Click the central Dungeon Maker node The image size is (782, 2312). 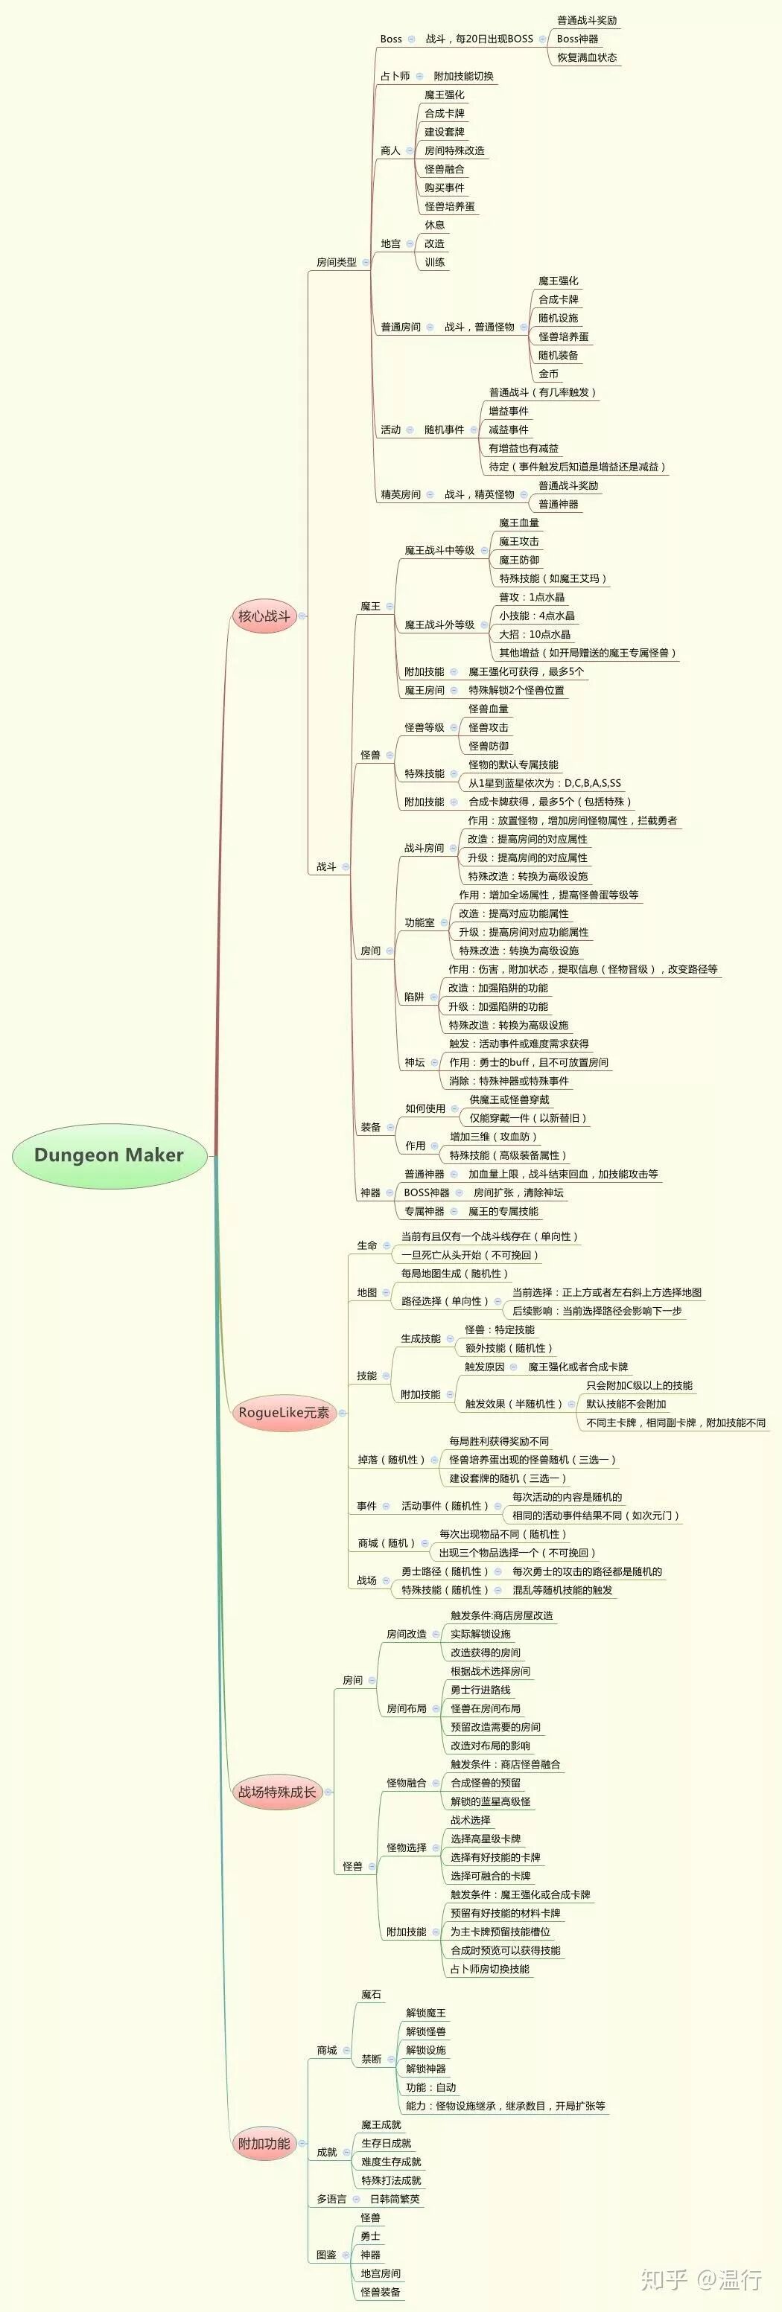[x=109, y=1155]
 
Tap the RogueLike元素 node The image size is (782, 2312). [x=283, y=1413]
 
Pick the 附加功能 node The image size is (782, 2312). [x=264, y=2143]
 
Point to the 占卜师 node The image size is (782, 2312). [x=395, y=76]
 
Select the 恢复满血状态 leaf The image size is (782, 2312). [x=586, y=57]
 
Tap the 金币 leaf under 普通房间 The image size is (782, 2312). [x=549, y=374]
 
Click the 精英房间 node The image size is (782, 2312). [x=401, y=494]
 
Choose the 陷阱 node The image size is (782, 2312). [x=414, y=997]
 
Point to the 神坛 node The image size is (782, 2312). [x=414, y=1063]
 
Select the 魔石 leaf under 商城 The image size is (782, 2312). [x=371, y=1994]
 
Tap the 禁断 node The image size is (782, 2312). [x=371, y=2059]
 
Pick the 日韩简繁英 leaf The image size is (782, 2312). [x=394, y=2199]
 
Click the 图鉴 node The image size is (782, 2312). [x=326, y=2255]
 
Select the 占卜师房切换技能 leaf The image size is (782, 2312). [x=489, y=1969]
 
